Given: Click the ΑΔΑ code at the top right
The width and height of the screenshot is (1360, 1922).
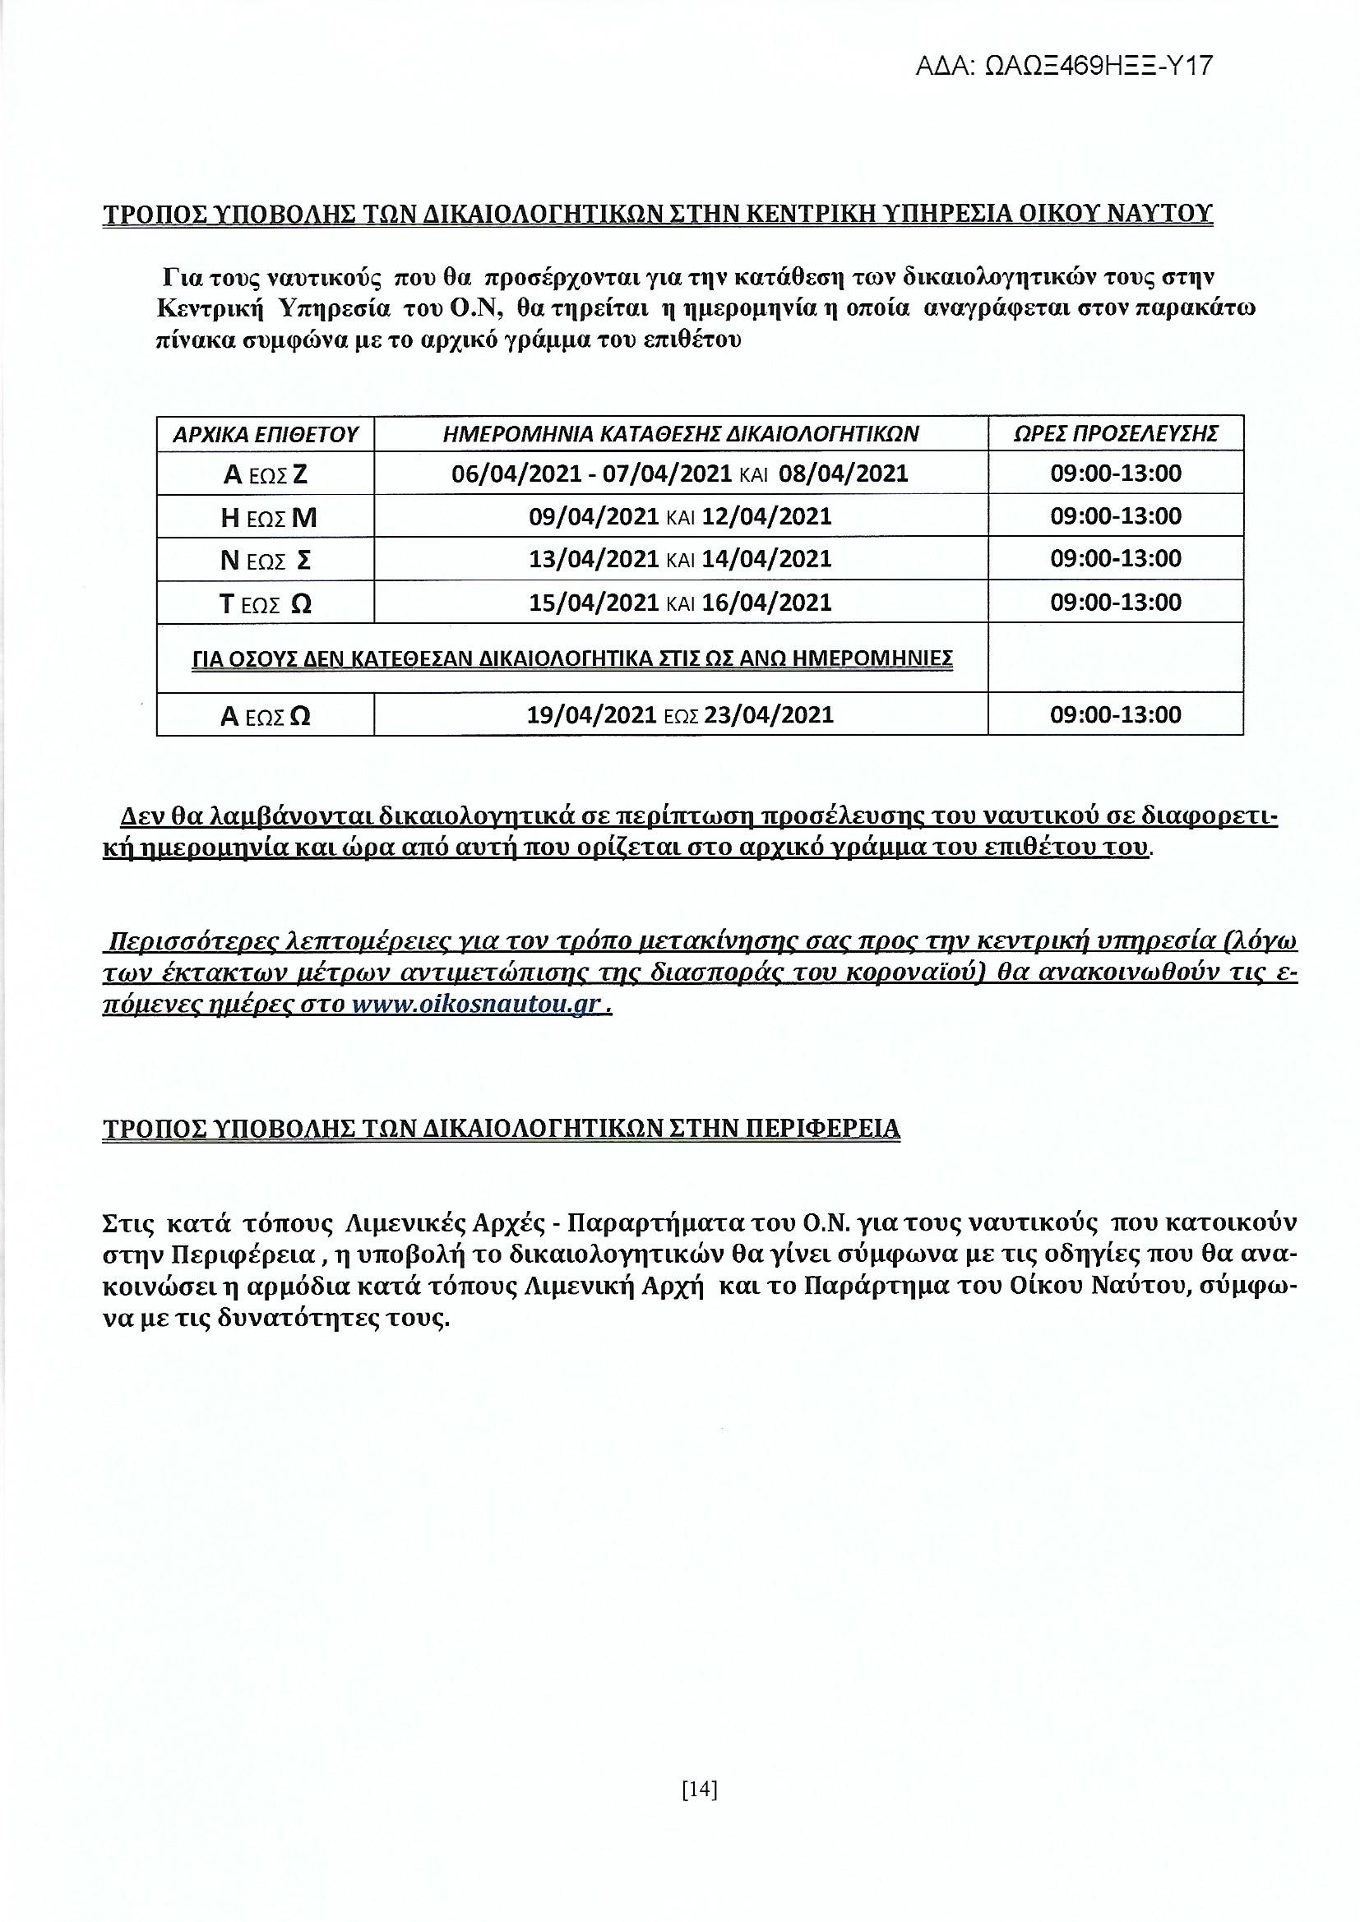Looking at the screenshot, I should point(1063,66).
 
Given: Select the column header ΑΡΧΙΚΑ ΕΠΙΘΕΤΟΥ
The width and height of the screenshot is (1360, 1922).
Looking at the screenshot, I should point(266,434).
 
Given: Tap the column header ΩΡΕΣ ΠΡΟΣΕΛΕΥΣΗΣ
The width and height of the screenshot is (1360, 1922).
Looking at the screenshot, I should point(1116,433).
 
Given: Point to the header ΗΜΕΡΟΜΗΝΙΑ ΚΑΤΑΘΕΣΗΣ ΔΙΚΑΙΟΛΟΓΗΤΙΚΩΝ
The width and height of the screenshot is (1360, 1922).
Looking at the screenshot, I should point(681,433).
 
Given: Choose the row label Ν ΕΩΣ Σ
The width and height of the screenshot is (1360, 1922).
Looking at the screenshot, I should point(266,560).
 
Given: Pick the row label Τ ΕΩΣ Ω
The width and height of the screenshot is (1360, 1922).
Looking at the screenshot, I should point(266,603).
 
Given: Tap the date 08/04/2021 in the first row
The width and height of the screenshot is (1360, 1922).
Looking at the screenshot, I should point(844,474).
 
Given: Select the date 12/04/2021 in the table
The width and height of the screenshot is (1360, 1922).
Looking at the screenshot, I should point(766,516).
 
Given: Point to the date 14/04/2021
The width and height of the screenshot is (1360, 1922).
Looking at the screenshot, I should point(766,558).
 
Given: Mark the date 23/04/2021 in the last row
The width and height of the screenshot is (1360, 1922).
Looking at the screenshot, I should point(769,715).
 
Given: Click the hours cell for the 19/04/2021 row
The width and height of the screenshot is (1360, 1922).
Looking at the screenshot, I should point(1116,715).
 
